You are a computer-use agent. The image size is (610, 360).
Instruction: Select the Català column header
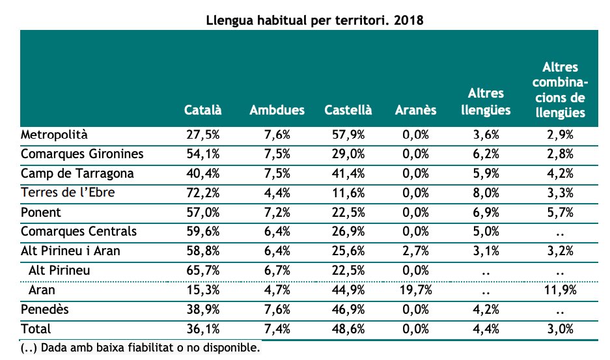tap(202, 110)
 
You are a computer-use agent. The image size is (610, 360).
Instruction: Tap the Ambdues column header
tap(277, 110)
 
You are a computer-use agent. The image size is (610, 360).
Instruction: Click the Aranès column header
tap(416, 110)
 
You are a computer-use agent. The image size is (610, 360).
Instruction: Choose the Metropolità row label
tap(54, 135)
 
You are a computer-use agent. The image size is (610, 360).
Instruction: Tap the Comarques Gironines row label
tap(82, 154)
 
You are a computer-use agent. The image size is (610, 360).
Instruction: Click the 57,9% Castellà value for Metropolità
tap(348, 135)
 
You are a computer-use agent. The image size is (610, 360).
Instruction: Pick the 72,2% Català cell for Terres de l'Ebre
tap(202, 193)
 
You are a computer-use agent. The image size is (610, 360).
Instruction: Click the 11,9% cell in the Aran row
tap(560, 290)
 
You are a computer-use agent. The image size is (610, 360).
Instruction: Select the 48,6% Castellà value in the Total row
tap(348, 329)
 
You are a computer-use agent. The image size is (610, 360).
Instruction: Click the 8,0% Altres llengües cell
tap(486, 193)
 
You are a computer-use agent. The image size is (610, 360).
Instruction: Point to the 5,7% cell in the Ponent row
tap(560, 212)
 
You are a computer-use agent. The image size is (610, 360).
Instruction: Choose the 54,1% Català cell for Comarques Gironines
tap(202, 154)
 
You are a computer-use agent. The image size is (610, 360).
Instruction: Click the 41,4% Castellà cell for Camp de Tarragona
tap(348, 174)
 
